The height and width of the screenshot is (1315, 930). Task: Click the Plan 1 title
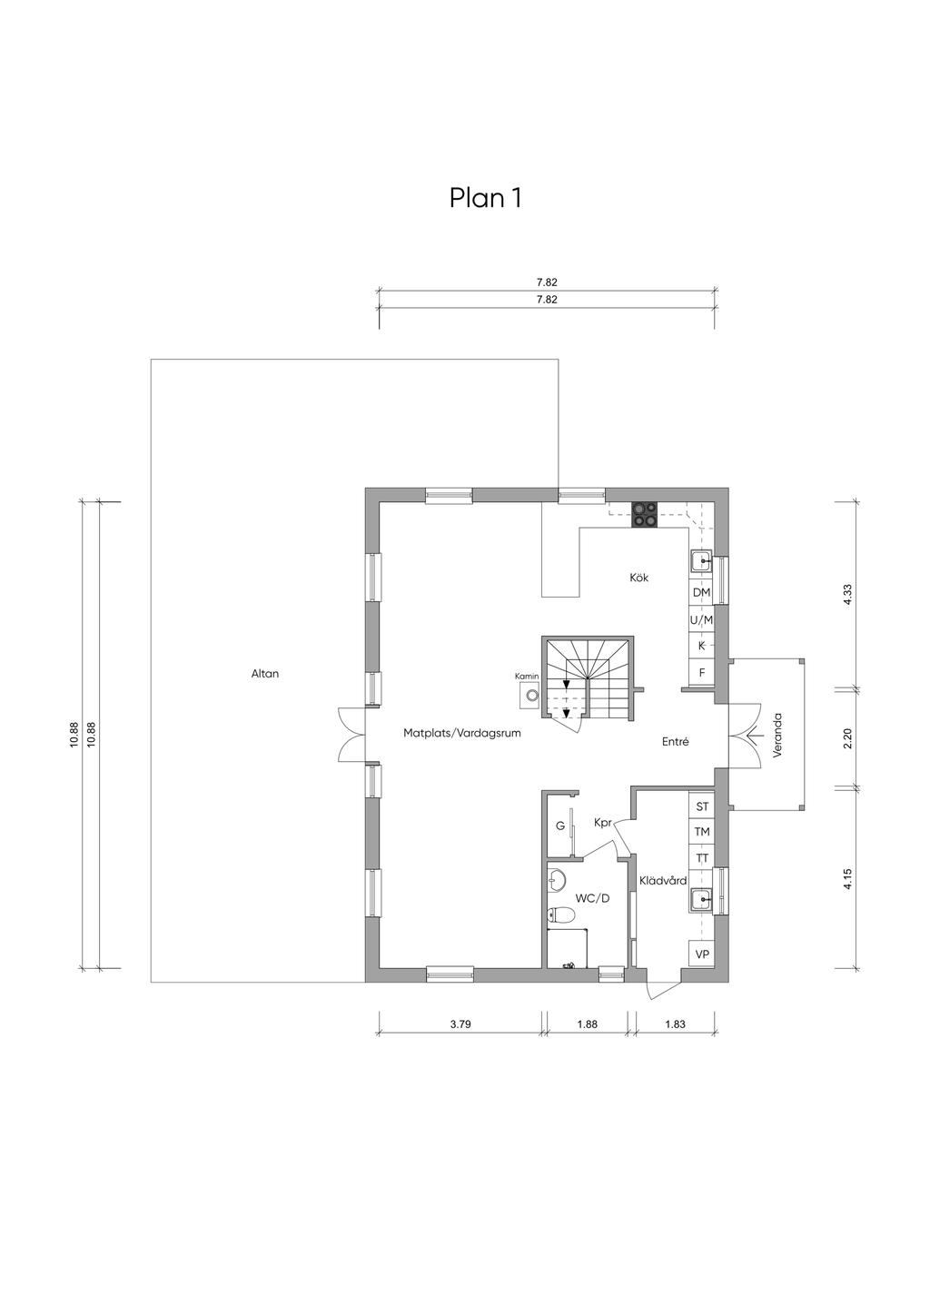[x=486, y=198]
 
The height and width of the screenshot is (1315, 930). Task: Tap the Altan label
[x=265, y=674]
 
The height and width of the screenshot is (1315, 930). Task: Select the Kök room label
[x=638, y=578]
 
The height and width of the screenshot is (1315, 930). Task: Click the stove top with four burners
[x=644, y=515]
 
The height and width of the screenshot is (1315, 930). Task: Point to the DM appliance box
[x=702, y=592]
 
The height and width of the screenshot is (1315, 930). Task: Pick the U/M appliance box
[x=702, y=619]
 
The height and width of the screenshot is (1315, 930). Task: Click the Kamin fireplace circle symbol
[x=532, y=696]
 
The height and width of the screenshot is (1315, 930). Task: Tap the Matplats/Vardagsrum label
[x=462, y=733]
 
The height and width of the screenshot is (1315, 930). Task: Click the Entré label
[x=675, y=742]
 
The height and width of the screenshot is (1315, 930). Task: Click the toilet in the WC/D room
[x=560, y=915]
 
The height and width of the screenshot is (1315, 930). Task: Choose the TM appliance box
[x=702, y=832]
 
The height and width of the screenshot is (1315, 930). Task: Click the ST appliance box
[x=702, y=806]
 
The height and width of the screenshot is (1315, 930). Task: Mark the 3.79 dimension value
[x=460, y=1024]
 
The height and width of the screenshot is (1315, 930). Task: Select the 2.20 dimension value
[x=846, y=738]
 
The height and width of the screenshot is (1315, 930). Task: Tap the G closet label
[x=560, y=826]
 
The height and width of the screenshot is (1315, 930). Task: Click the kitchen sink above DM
[x=701, y=562]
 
